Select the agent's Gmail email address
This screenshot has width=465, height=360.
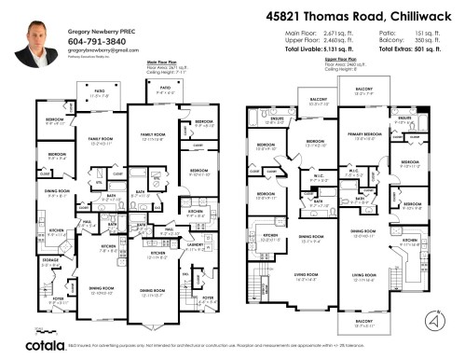[94, 52]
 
